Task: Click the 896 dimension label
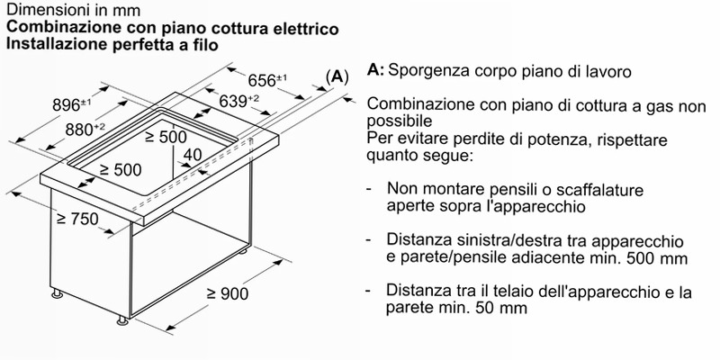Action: point(72,105)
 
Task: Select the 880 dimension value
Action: point(85,130)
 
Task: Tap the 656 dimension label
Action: point(267,80)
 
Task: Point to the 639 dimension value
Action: point(238,101)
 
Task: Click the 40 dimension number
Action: point(192,155)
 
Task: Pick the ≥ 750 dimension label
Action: point(77,219)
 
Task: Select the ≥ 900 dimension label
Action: point(228,293)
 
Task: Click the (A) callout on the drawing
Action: point(337,76)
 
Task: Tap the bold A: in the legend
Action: point(375,70)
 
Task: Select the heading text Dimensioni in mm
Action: point(74,9)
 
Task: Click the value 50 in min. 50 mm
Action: point(473,308)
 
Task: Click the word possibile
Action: point(400,121)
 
